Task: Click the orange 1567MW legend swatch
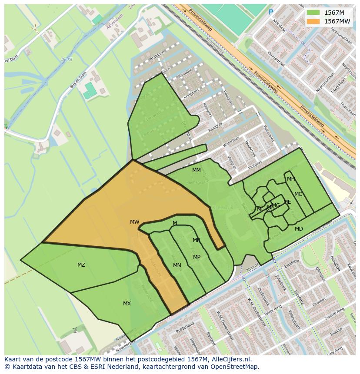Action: pyautogui.click(x=313, y=21)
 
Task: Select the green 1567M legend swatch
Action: pyautogui.click(x=313, y=13)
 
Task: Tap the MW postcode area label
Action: pyautogui.click(x=135, y=222)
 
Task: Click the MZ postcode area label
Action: pyautogui.click(x=81, y=265)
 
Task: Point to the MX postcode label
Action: pyautogui.click(x=127, y=304)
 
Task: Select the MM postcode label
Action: pyautogui.click(x=197, y=170)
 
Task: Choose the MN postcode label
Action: pyautogui.click(x=177, y=265)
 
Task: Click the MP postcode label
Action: pyautogui.click(x=197, y=257)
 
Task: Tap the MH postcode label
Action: pyautogui.click(x=291, y=179)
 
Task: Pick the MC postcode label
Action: pyautogui.click(x=298, y=194)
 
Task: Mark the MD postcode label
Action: pyautogui.click(x=299, y=229)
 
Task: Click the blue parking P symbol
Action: pyautogui.click(x=271, y=13)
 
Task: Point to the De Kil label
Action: pyautogui.click(x=66, y=60)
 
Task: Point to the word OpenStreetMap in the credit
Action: pyautogui.click(x=237, y=367)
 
